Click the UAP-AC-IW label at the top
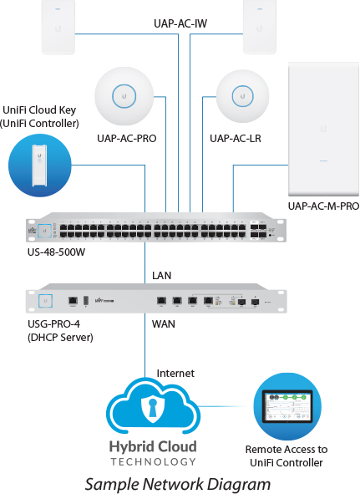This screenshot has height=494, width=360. click(180, 24)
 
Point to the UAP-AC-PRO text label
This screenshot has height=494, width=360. click(127, 137)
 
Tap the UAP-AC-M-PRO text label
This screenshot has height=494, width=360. click(323, 206)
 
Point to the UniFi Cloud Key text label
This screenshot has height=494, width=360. click(41, 116)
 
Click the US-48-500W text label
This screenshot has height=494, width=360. click(56, 251)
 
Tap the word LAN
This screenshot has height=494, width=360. click(162, 275)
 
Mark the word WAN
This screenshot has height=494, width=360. click(165, 322)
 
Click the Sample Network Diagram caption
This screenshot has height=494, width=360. click(179, 483)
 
